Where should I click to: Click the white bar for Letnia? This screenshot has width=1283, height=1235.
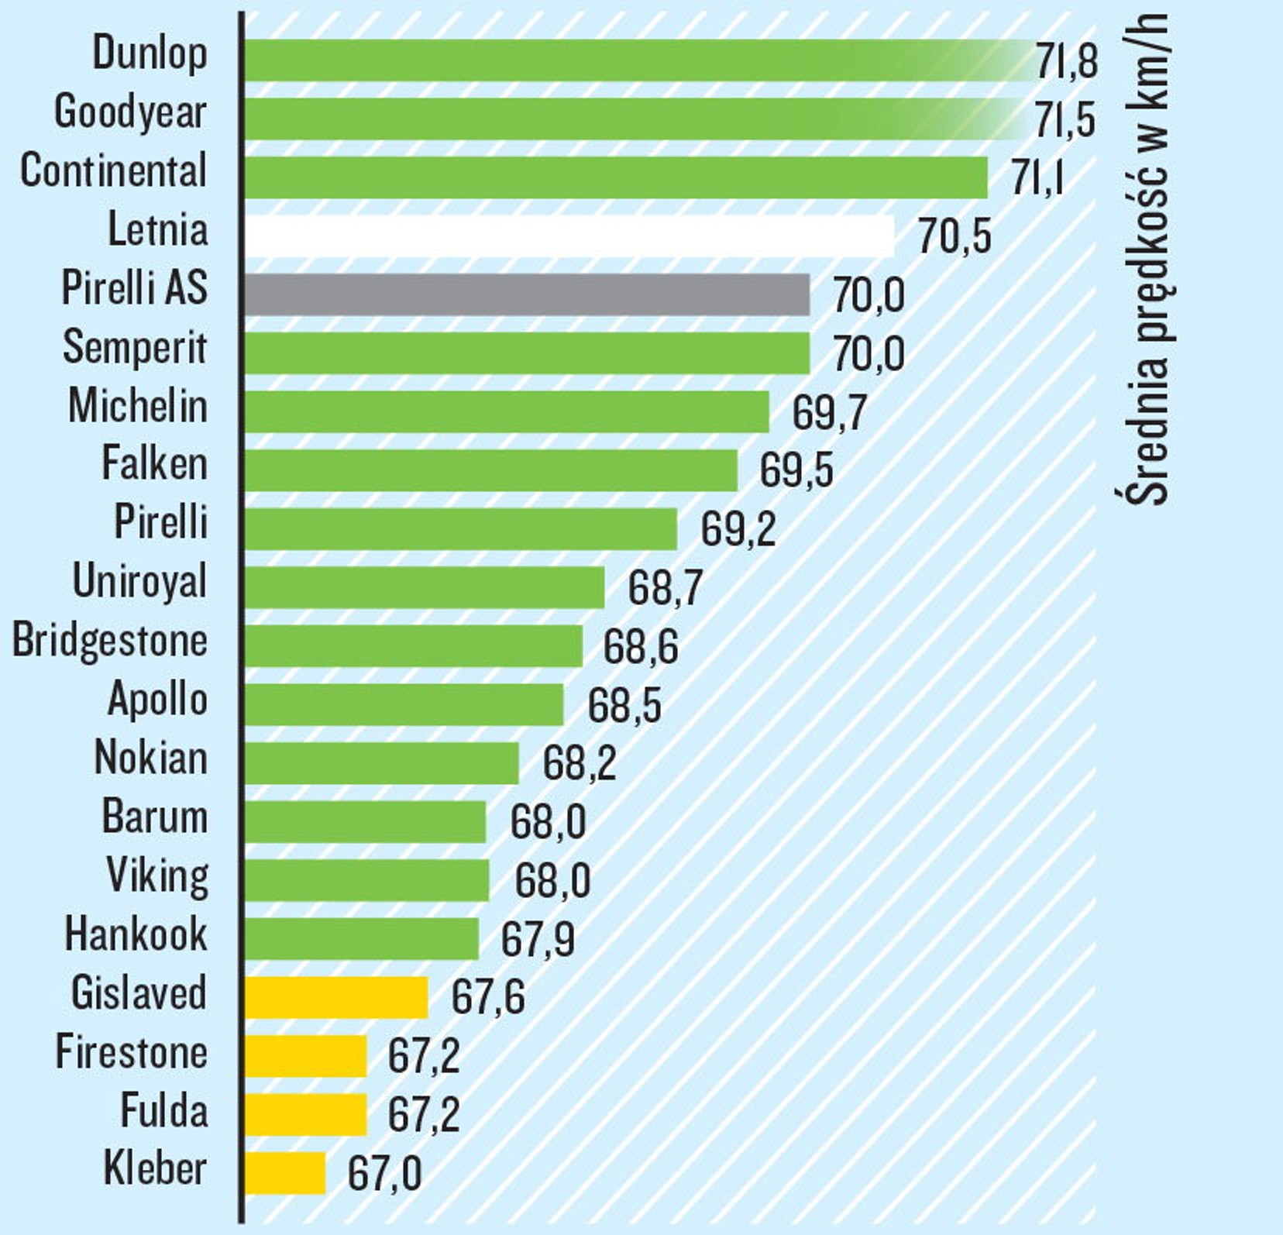point(569,236)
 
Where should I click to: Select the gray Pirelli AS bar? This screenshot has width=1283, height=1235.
point(527,294)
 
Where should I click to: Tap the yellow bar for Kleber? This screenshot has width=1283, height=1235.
point(285,1173)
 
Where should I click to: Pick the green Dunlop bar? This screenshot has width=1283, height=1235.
point(635,60)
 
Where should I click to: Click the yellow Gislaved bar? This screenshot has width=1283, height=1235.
point(336,997)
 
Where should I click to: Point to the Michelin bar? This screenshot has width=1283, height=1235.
point(507,411)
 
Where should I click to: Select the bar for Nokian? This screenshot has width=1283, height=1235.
point(382,763)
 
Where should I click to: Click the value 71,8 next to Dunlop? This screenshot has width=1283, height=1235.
point(1067,61)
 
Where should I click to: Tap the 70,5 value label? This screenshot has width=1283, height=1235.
point(954,236)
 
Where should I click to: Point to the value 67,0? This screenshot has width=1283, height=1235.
point(384,1173)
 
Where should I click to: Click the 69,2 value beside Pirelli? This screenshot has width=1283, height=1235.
point(738,529)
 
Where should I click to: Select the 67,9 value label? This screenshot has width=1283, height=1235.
point(538,939)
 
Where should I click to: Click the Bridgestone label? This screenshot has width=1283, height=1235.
point(110,641)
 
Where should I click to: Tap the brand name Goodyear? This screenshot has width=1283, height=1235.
point(130,112)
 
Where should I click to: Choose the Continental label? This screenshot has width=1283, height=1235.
point(113,170)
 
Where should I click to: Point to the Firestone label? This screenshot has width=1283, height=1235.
point(131,1052)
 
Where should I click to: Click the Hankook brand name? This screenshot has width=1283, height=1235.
point(136,934)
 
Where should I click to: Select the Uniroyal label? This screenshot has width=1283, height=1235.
point(139,581)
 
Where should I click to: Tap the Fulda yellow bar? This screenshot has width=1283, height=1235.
point(305,1114)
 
